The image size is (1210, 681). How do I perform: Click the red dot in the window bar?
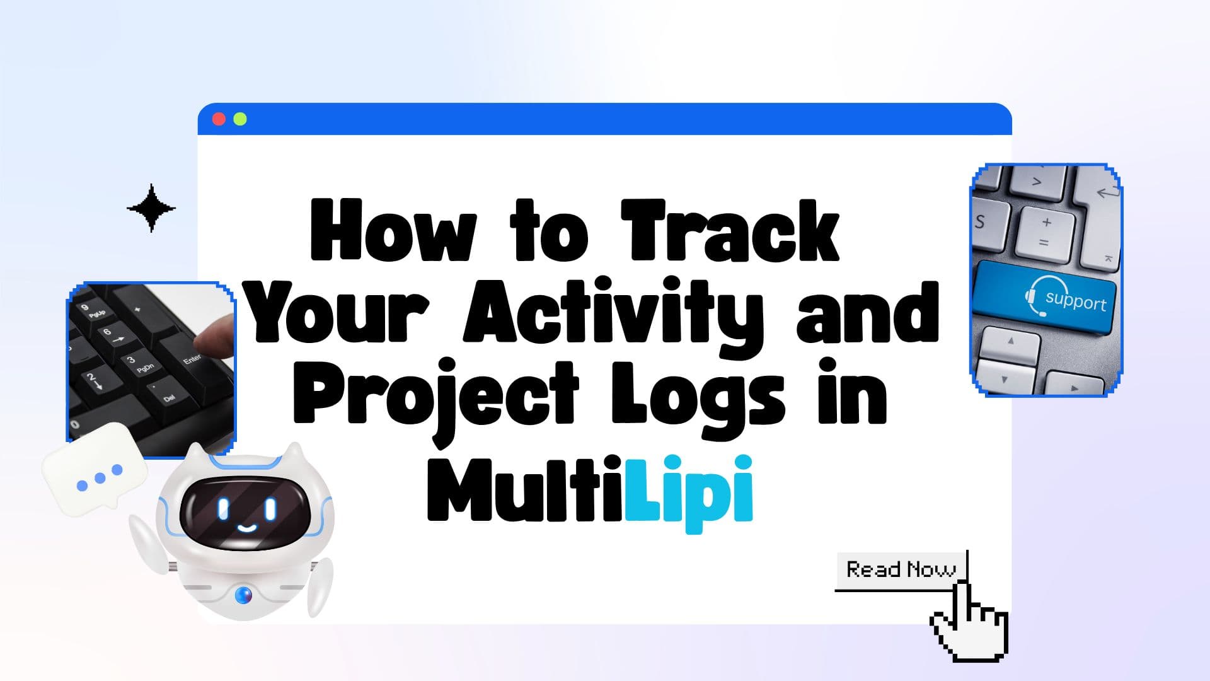coord(219,119)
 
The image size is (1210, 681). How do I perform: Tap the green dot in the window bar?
coord(240,119)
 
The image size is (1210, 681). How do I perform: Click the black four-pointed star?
coord(151,208)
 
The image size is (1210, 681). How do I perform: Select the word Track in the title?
coord(731,231)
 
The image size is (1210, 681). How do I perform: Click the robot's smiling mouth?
coord(245,527)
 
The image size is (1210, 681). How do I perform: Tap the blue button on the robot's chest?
coord(243,594)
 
